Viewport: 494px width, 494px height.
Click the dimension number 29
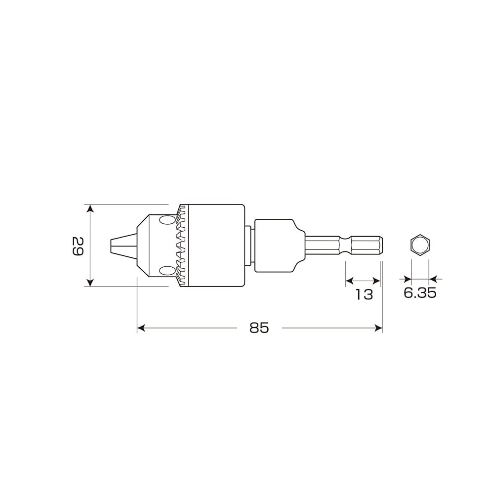77,246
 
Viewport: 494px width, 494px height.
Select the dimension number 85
259,328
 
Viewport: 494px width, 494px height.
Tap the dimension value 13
364,294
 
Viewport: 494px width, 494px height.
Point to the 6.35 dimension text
420,293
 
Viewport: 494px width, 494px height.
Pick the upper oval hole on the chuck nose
167,220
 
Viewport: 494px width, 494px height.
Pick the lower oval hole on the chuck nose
167,270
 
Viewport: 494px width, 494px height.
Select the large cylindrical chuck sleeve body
217,246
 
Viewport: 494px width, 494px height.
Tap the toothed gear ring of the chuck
182,246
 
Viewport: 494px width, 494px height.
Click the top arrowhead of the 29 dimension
90,208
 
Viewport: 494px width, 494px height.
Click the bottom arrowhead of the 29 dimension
90,283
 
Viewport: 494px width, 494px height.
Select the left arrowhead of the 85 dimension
141,328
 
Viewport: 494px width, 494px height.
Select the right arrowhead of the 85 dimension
379,328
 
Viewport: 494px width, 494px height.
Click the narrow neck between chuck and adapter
249,246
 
